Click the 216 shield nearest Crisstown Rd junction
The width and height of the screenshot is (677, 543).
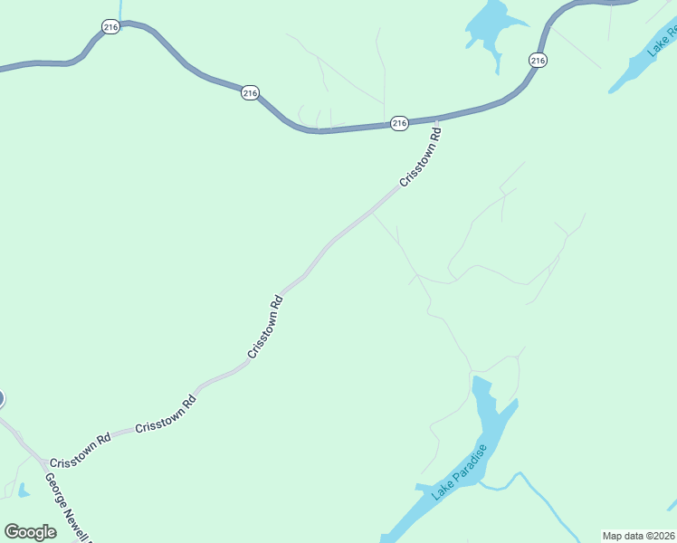click(x=399, y=123)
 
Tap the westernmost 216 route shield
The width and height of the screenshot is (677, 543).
click(x=110, y=28)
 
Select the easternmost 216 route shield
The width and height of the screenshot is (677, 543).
click(x=538, y=61)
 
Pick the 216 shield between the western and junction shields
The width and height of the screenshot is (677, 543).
click(x=250, y=93)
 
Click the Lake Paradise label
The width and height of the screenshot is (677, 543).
click(x=460, y=471)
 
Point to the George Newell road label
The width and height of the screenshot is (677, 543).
click(x=69, y=508)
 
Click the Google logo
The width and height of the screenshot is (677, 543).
click(x=31, y=532)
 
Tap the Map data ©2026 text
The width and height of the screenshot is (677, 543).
click(x=638, y=536)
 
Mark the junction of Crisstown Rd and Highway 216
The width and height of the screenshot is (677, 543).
click(x=438, y=119)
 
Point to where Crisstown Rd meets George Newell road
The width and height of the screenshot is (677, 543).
click(x=41, y=461)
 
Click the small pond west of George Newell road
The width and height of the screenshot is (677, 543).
click(x=22, y=491)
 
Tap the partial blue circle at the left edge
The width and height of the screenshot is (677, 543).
click(x=2, y=398)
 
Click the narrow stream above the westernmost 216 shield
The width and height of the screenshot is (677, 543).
click(x=120, y=9)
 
